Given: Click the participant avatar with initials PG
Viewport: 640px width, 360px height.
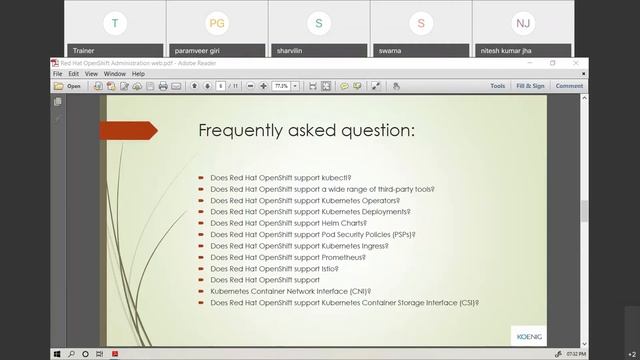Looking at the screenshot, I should coord(217,22).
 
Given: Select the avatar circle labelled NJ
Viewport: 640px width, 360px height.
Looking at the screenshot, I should coord(523,22).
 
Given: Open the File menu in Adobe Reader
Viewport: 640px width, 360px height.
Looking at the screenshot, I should coord(57,73).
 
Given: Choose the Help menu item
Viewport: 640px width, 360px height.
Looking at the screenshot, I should coord(138,73).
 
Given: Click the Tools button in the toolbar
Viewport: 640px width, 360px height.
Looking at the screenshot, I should coord(497,86).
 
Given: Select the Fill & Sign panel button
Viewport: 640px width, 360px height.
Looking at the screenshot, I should coord(530,86).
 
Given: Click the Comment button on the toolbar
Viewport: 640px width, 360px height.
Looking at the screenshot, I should coord(569,86).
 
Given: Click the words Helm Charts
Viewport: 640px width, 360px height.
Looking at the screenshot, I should coord(344,223).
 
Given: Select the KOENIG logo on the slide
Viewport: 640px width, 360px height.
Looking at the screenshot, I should coord(528,333).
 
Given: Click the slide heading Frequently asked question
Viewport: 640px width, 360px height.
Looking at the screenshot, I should coord(306,131).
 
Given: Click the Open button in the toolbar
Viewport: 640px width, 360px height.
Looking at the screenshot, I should coord(68,86).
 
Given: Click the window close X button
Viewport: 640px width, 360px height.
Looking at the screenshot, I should coord(576,63).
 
